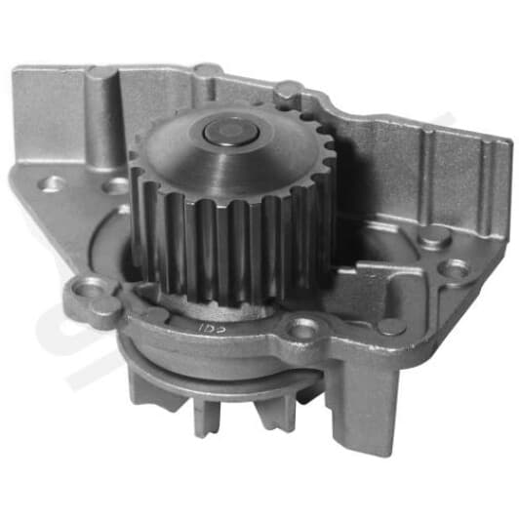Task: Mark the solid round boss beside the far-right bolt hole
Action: pyautogui.click(x=435, y=238)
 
